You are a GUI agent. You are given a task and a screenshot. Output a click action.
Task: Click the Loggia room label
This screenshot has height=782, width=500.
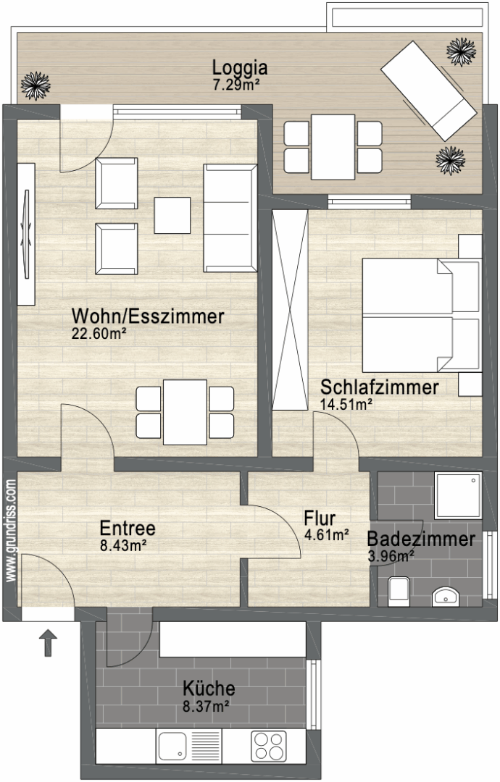click(240, 67)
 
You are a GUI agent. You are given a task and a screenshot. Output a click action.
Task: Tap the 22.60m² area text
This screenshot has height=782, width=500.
click(99, 334)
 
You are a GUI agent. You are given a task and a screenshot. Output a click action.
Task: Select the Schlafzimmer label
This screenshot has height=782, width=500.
click(379, 387)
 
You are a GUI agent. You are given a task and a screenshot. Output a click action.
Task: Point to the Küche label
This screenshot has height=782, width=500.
click(209, 689)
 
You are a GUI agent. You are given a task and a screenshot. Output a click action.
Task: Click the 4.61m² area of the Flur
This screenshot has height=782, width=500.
click(326, 535)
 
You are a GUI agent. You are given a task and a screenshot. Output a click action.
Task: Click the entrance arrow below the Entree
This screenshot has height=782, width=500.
click(48, 642)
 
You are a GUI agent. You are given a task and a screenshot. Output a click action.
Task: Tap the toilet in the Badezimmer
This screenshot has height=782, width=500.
click(399, 591)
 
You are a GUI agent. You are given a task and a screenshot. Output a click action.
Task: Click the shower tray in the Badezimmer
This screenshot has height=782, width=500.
click(458, 495)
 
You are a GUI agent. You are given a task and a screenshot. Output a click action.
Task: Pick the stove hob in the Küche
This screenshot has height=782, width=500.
click(268, 746)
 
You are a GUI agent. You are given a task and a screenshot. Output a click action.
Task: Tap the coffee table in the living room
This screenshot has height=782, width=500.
click(172, 215)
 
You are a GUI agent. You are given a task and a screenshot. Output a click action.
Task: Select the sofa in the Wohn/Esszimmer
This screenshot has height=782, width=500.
click(230, 218)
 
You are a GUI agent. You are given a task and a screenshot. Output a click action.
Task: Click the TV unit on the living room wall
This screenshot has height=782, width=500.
click(26, 234)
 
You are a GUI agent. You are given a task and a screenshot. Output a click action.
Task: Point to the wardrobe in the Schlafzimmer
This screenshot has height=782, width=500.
click(290, 310)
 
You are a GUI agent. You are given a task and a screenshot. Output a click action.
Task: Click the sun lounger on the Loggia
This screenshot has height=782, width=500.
click(429, 91)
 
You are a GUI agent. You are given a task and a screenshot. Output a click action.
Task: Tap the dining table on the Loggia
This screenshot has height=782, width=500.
click(333, 147)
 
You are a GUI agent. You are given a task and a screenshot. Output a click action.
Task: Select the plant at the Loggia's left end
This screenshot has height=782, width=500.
click(36, 85)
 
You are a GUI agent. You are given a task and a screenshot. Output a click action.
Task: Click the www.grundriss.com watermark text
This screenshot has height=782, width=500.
click(10, 531)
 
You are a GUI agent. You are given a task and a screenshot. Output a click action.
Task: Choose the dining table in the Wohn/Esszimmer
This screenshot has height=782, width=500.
click(185, 412)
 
